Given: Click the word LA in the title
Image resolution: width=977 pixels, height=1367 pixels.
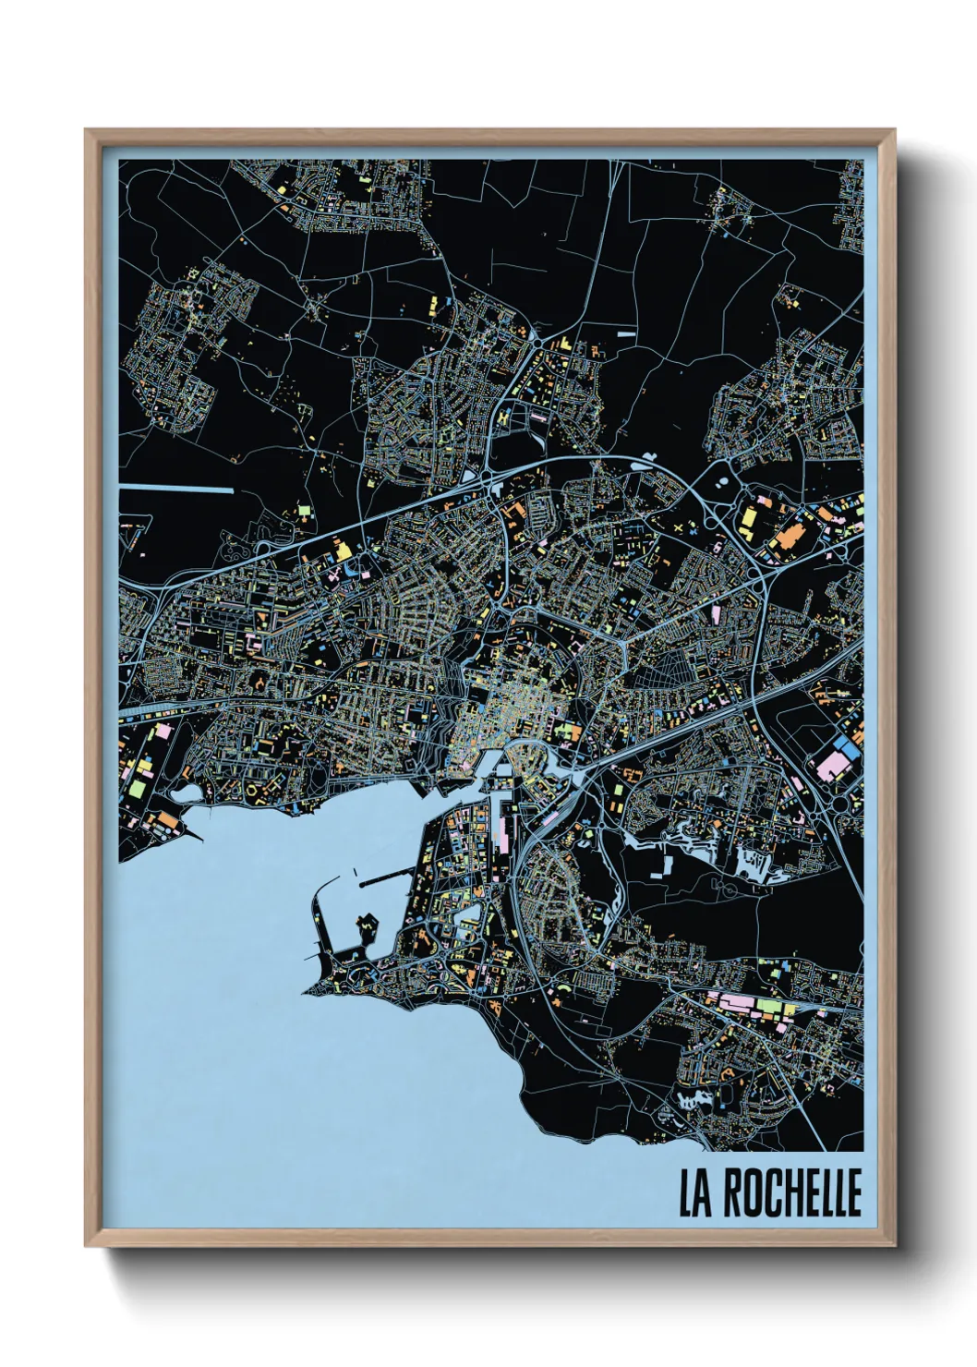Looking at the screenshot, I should tap(697, 1193).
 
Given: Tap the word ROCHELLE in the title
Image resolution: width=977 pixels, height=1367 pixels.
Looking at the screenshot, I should tap(792, 1193).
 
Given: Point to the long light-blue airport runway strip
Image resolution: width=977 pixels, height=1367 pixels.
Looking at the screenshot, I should tap(176, 488).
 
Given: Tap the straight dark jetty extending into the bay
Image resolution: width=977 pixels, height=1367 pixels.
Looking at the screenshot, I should tap(382, 881).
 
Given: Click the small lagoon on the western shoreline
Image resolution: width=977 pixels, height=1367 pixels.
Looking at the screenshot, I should tap(187, 793).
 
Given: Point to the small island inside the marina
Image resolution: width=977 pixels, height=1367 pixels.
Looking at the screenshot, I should tap(369, 925).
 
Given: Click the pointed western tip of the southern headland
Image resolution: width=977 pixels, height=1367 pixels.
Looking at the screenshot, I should tap(306, 994).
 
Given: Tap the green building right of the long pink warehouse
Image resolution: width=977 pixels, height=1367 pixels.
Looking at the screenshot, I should tap(768, 1005).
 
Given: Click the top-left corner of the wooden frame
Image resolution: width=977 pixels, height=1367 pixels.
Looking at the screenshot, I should tap(86, 130).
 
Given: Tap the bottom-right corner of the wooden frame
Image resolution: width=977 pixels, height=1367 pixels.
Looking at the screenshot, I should tap(895, 1246).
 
